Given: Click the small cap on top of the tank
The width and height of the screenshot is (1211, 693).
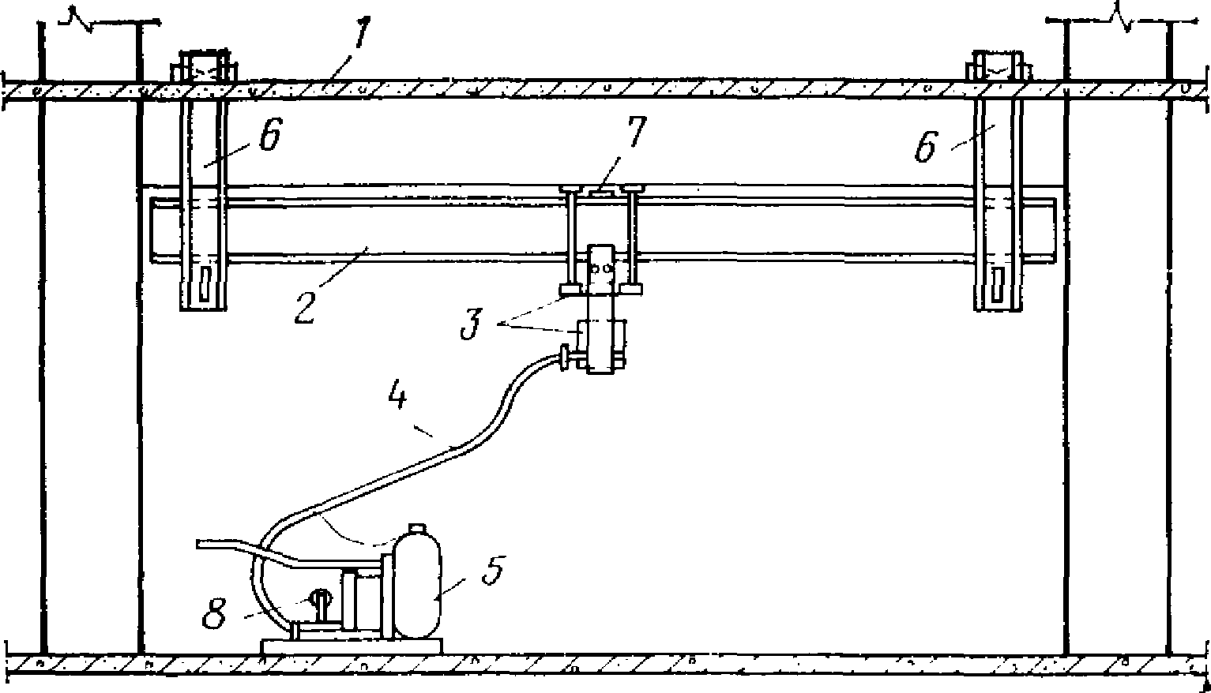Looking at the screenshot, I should click(416, 528).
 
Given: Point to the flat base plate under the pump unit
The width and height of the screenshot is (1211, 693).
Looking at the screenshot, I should click(351, 646).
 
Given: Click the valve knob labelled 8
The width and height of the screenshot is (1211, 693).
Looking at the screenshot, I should click(321, 599).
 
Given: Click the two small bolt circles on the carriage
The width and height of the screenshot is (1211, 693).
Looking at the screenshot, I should click(602, 268).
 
